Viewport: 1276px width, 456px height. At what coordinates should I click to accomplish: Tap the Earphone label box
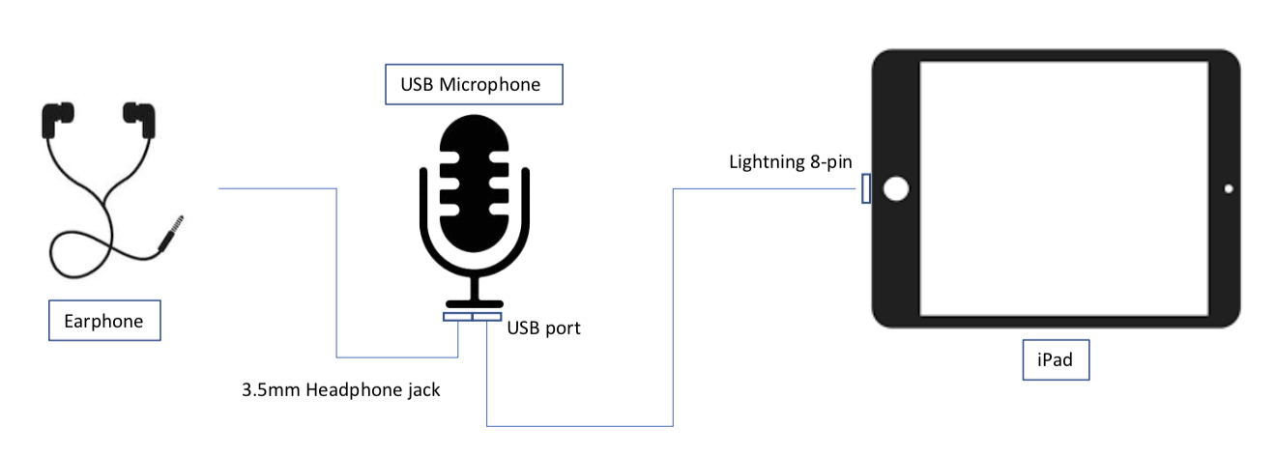pos(104,321)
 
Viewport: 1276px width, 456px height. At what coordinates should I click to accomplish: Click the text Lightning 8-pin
pos(790,162)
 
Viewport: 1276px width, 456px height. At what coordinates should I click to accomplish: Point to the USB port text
pos(544,328)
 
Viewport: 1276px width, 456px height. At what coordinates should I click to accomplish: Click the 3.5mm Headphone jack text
pos(341,390)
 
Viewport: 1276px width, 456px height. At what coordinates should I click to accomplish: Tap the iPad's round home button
pos(896,189)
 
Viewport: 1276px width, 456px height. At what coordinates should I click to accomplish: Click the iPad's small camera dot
pos(1229,189)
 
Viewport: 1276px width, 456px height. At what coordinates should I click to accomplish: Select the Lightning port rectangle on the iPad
pos(866,188)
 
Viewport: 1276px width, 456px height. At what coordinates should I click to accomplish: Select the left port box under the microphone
pos(457,316)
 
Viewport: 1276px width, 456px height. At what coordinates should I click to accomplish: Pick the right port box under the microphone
pos(488,316)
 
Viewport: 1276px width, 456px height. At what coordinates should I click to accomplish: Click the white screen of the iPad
pos(1063,188)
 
